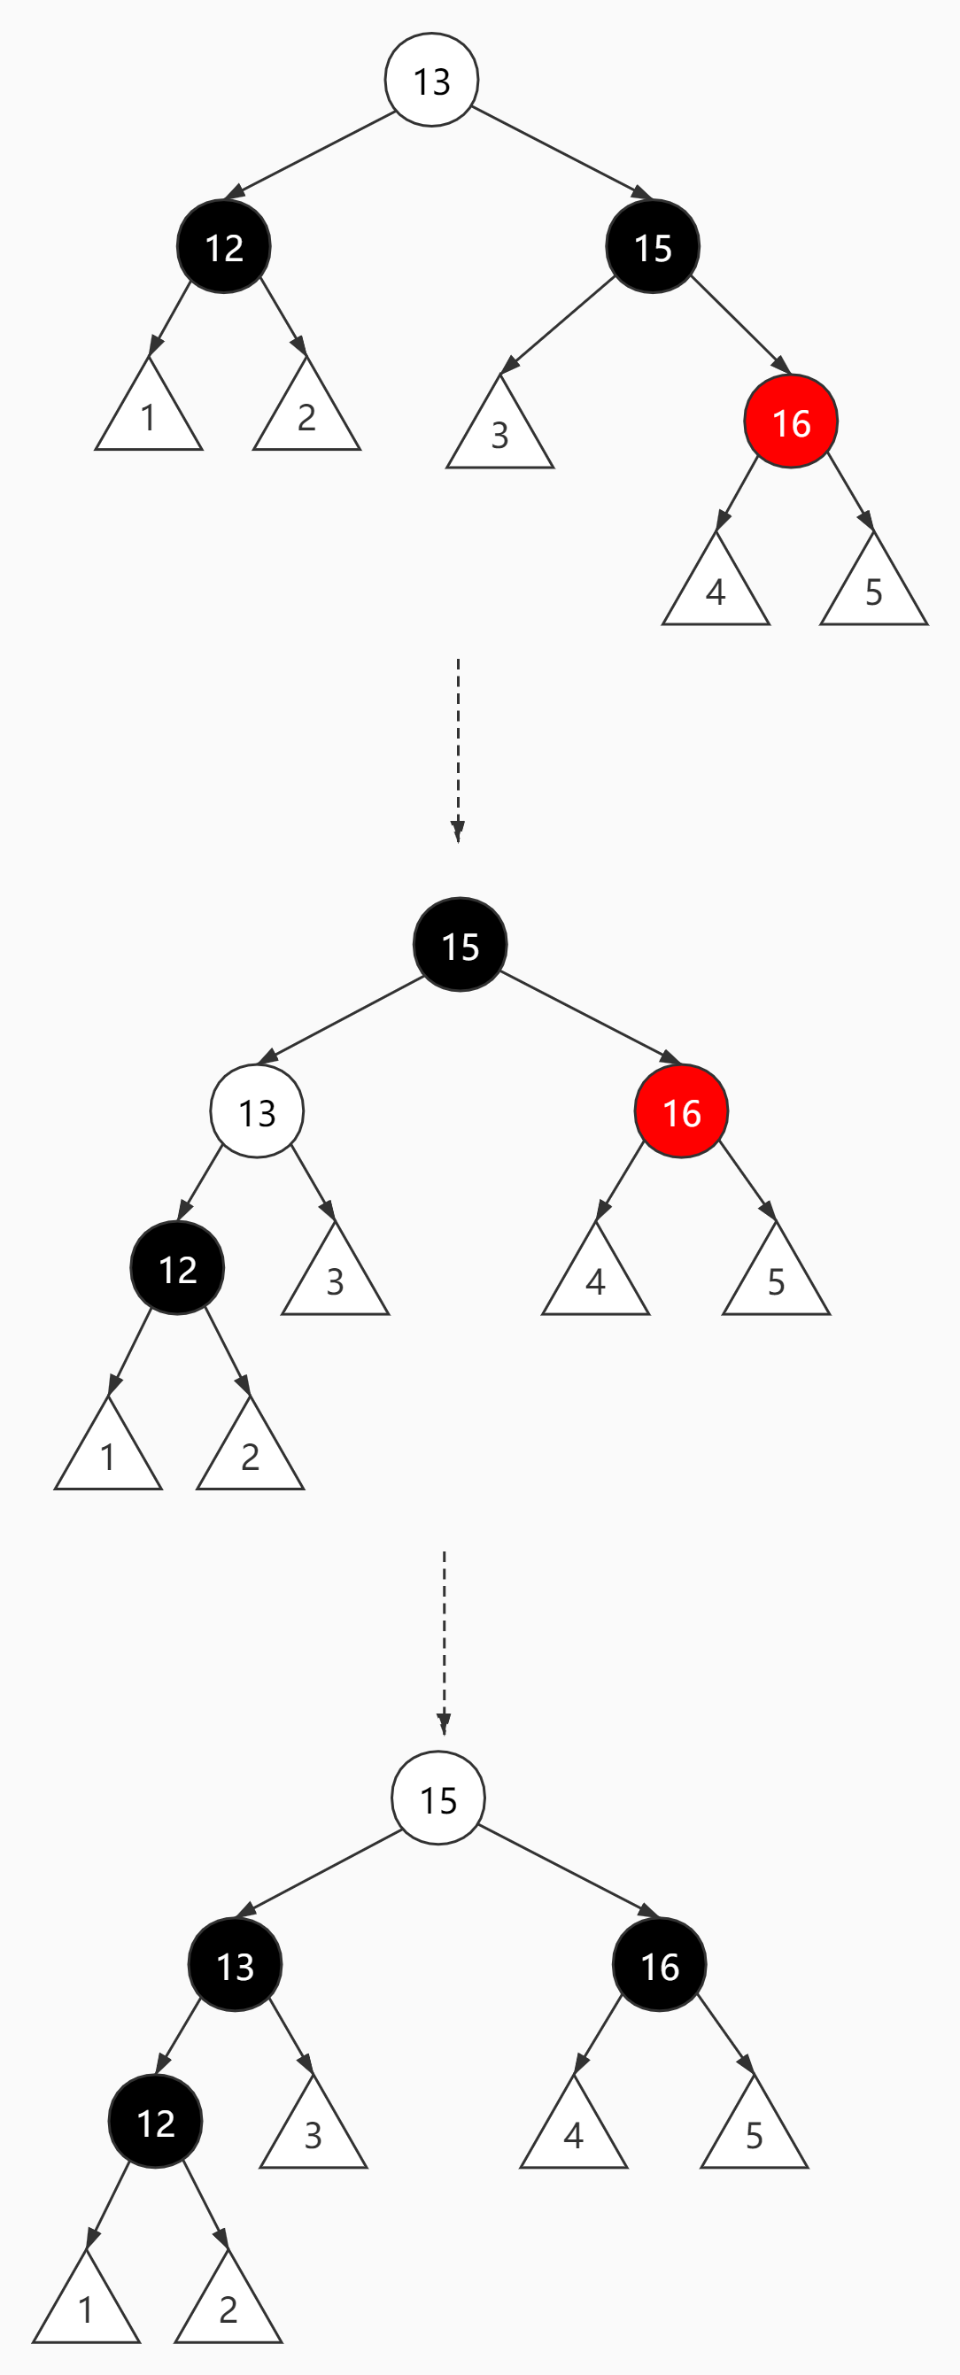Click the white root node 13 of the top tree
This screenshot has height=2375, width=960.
431,81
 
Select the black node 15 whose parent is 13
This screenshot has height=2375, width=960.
653,246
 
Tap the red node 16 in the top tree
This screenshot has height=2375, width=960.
791,422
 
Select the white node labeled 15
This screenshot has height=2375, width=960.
438,1798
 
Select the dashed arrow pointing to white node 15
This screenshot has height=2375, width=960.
445,1641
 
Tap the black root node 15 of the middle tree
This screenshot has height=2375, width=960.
461,944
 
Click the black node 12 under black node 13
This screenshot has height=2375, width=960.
155,2121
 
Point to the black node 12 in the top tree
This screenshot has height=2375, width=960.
224,246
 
